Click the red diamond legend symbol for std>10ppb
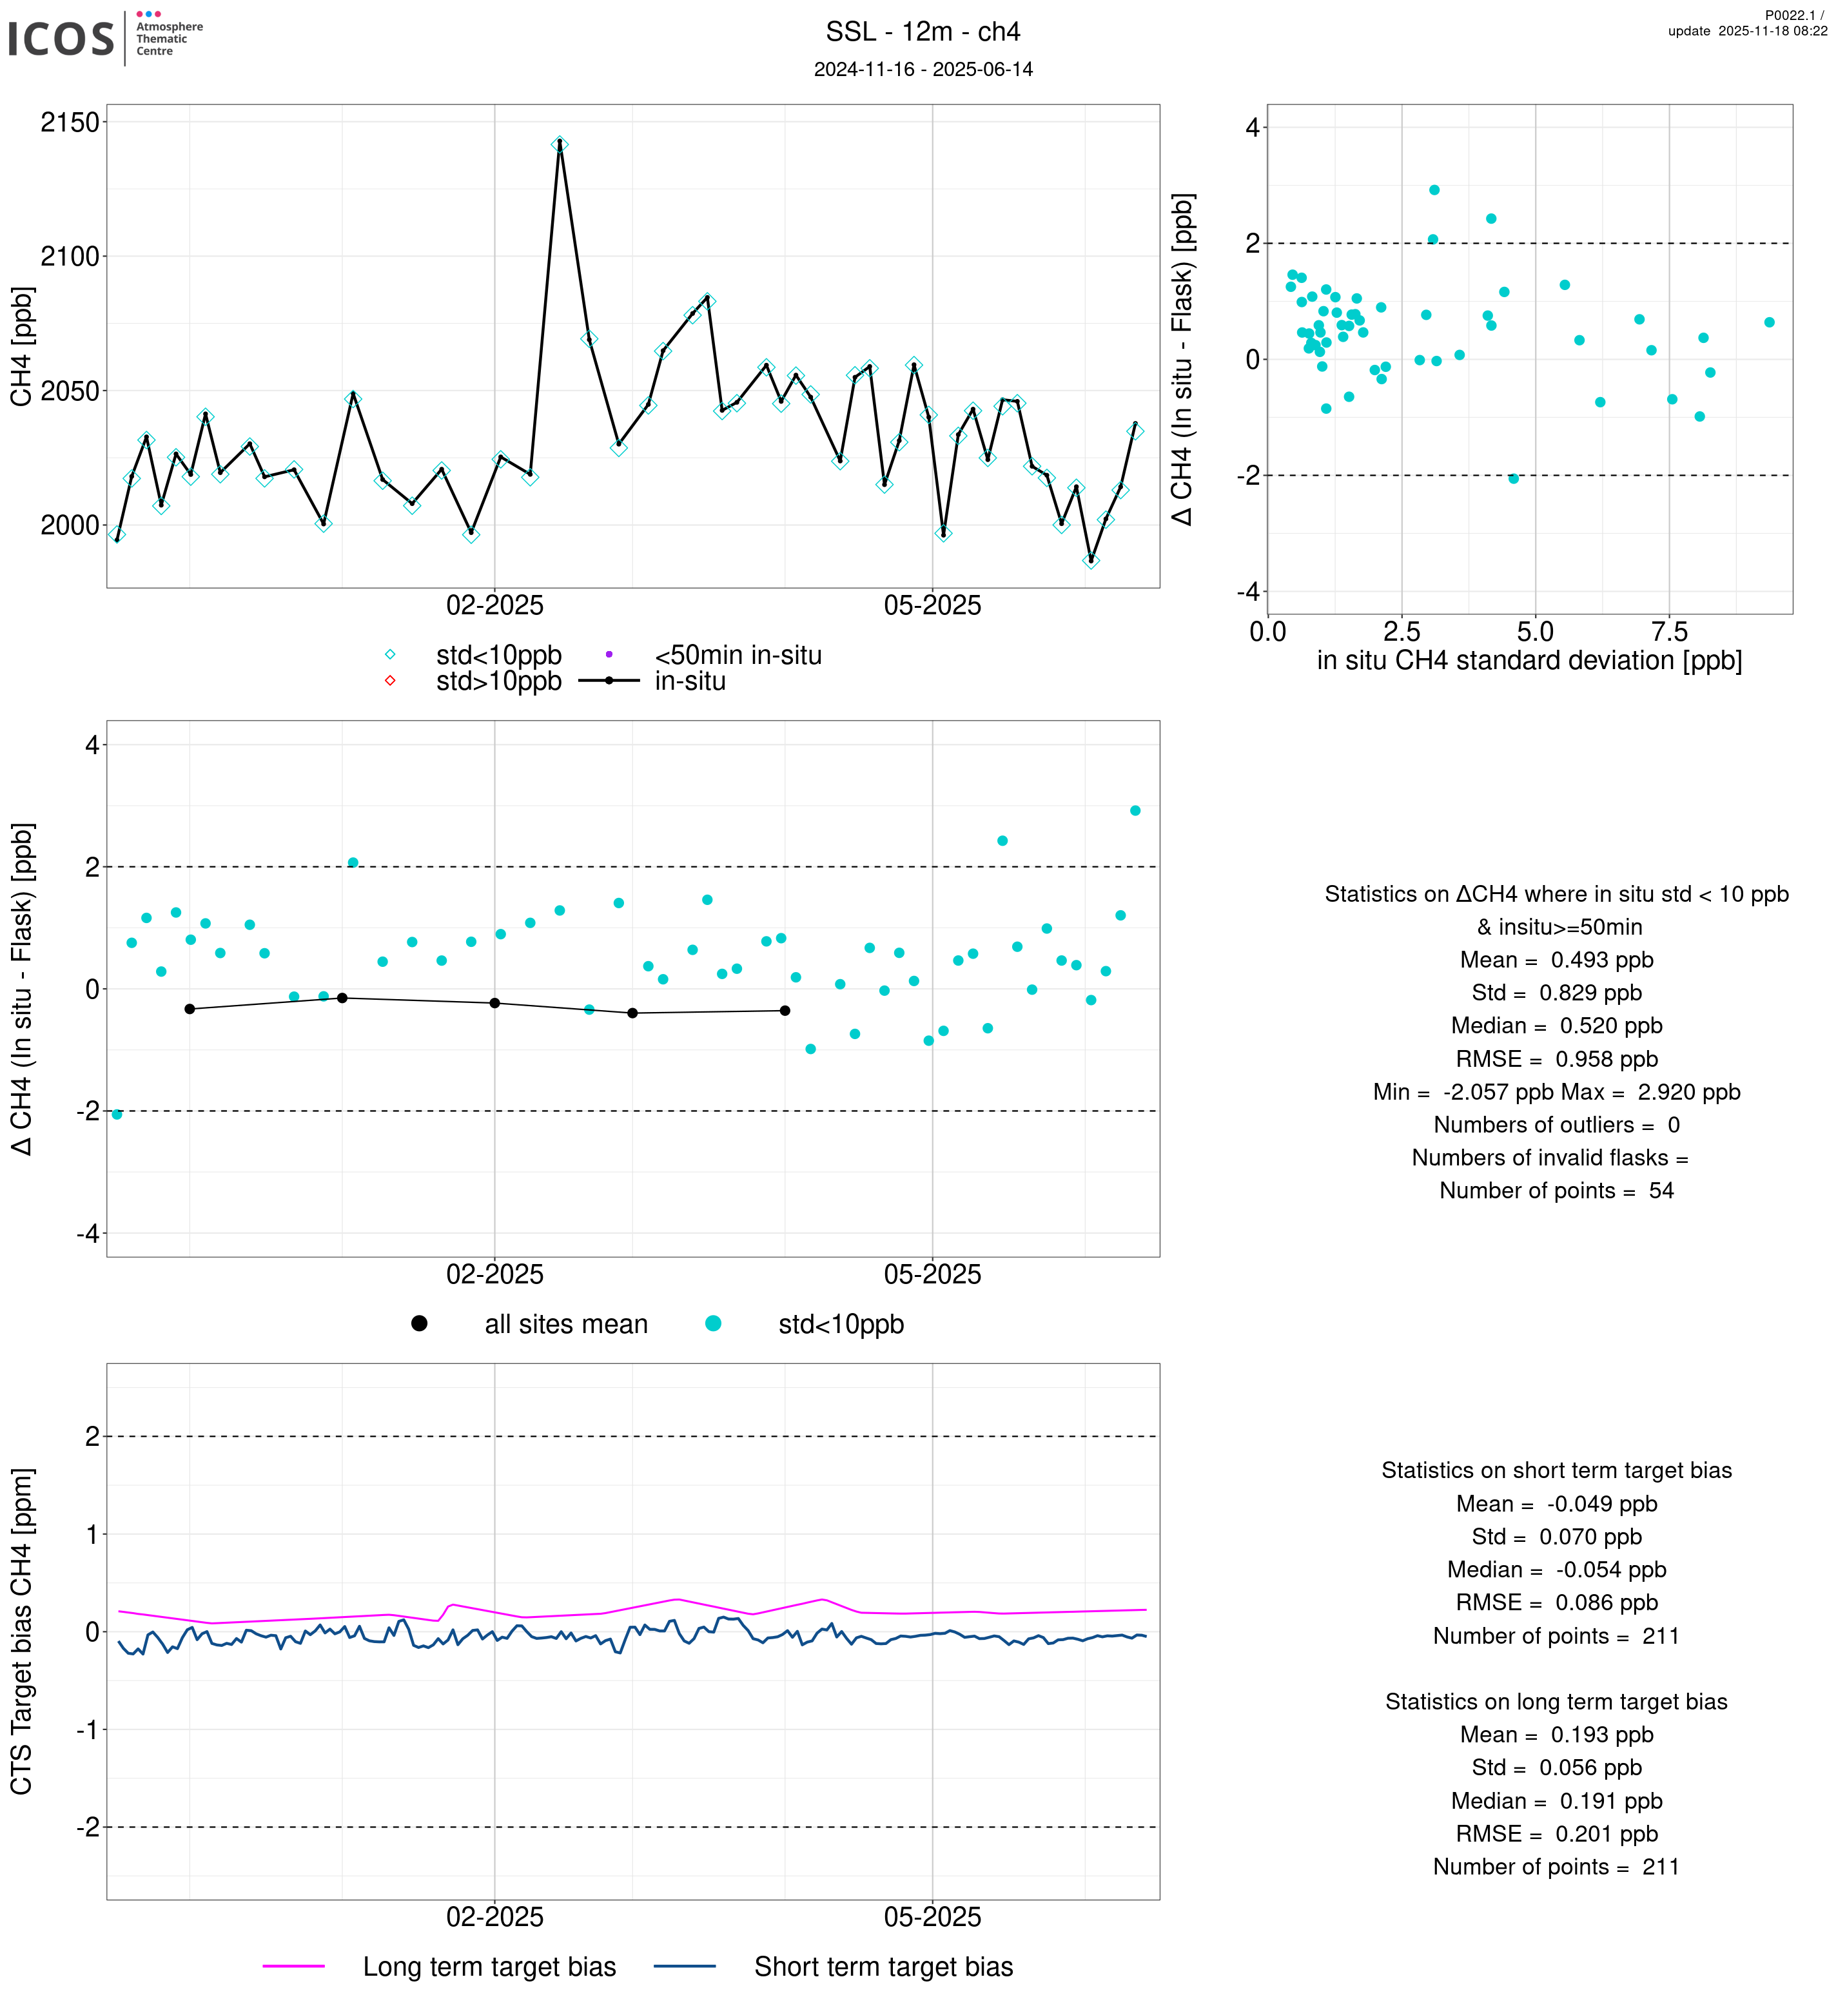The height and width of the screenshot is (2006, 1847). pos(390,681)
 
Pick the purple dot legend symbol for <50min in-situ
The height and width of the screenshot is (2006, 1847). pos(609,655)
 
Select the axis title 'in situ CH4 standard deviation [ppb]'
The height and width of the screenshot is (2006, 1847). pos(1529,661)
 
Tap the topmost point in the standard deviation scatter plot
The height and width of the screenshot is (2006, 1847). pos(1434,190)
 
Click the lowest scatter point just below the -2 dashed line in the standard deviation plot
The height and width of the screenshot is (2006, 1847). pos(1513,479)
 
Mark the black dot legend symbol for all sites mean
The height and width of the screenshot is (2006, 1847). pos(419,1323)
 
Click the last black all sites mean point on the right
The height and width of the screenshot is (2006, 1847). pos(785,1011)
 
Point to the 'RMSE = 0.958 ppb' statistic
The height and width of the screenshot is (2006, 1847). pos(1556,1058)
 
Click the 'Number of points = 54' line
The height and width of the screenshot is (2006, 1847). pos(1556,1191)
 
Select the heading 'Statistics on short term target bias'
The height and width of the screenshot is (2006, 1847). pos(1556,1470)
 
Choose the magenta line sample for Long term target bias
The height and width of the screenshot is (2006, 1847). pos(294,1966)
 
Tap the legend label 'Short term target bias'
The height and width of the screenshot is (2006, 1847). pos(883,1966)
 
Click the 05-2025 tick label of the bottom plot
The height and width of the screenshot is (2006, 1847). pos(932,1917)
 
